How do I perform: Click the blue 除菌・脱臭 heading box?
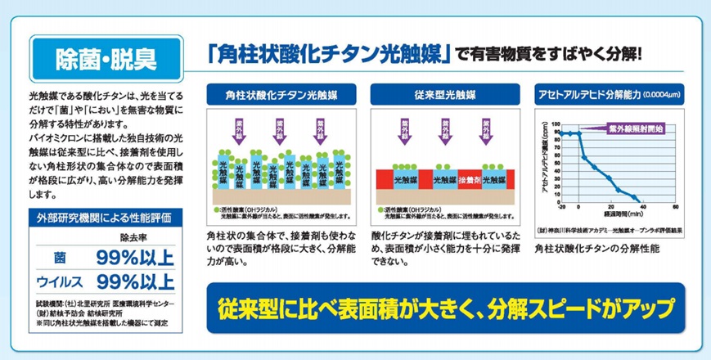click(x=105, y=58)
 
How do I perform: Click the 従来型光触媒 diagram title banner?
click(x=441, y=95)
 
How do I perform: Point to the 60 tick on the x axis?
click(x=674, y=207)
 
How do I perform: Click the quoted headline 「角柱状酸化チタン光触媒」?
click(x=330, y=56)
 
